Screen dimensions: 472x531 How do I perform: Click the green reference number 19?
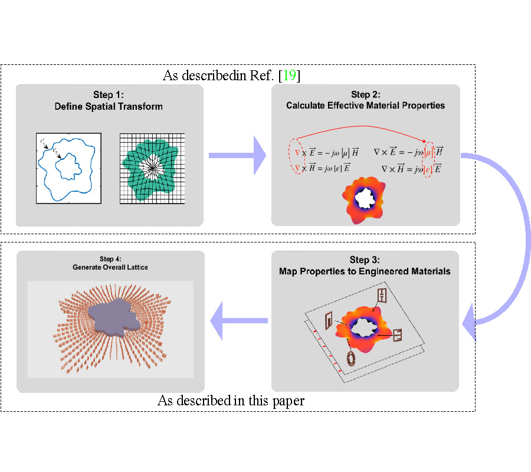pyautogui.click(x=290, y=76)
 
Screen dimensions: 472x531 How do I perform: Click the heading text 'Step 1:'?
pyautogui.click(x=109, y=96)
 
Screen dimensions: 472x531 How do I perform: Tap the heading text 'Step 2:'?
pyautogui.click(x=365, y=94)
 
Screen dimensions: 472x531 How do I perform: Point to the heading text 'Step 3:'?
pyautogui.click(x=365, y=260)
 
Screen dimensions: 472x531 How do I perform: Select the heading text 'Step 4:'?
pyautogui.click(x=110, y=258)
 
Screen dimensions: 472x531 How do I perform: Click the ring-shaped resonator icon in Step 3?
pyautogui.click(x=351, y=358)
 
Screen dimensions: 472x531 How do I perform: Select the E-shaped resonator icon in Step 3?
pyautogui.click(x=397, y=335)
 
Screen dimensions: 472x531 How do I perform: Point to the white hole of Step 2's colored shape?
pyautogui.click(x=366, y=197)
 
